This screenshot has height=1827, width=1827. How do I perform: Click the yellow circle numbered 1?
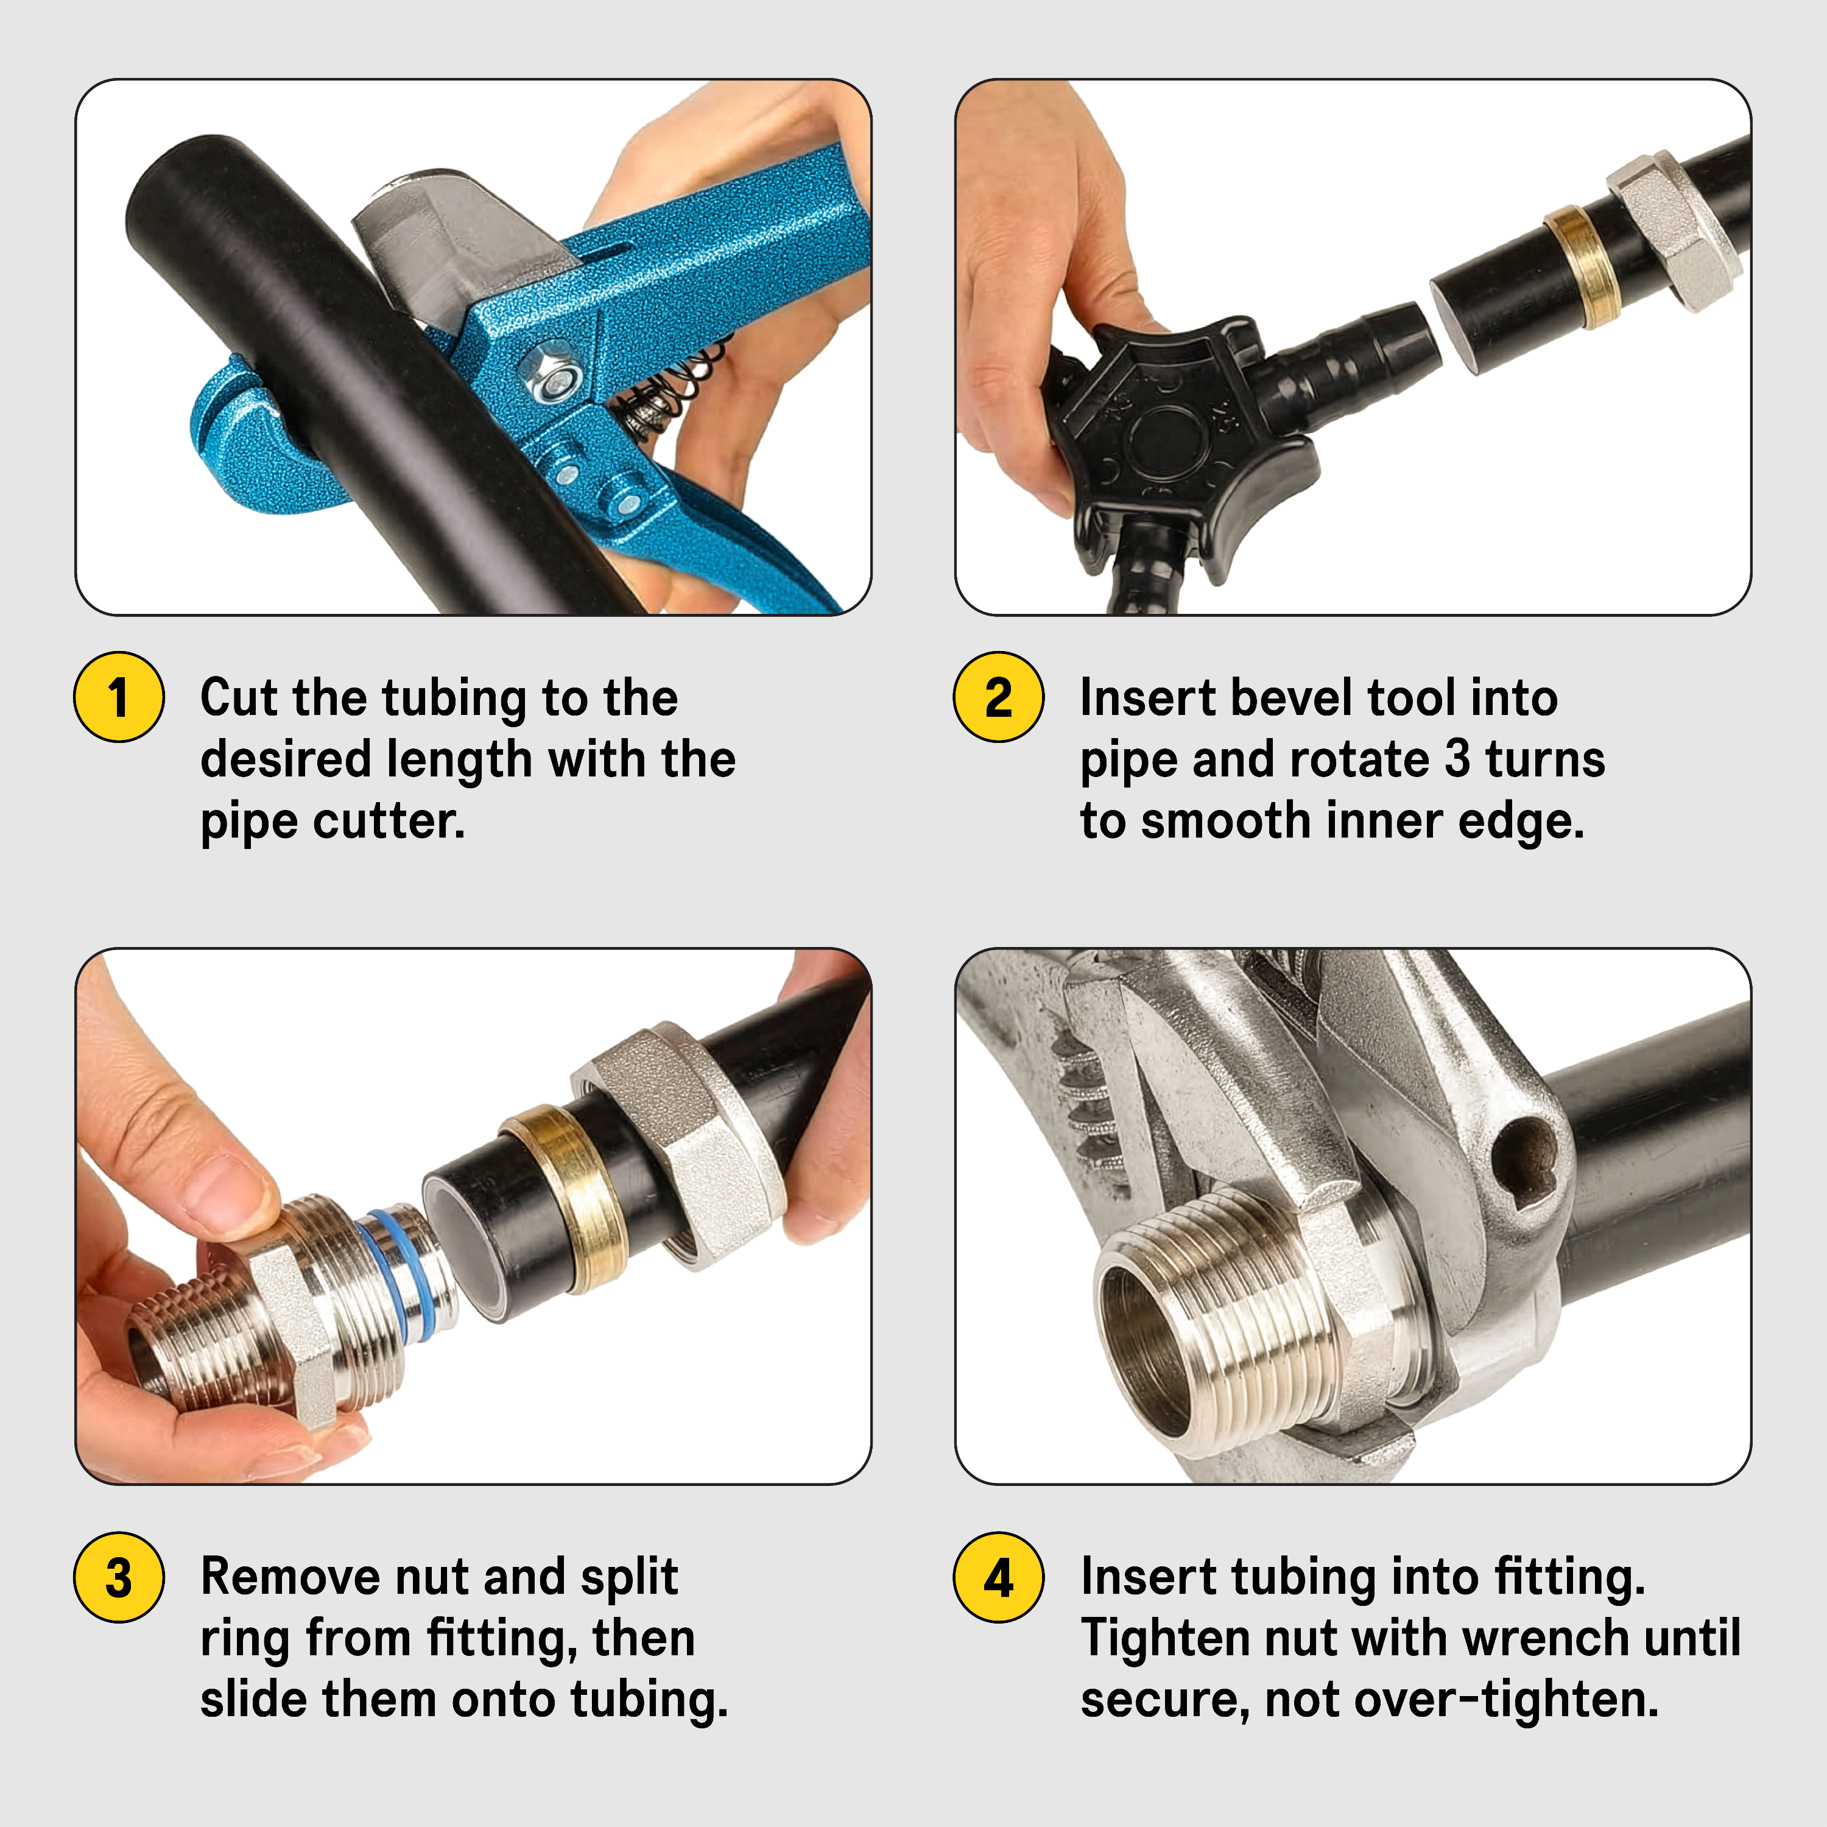click(119, 697)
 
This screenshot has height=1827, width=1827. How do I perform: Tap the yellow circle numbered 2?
click(999, 697)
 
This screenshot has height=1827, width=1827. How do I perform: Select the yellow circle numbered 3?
click(119, 1577)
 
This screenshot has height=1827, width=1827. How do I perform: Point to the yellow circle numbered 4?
click(999, 1577)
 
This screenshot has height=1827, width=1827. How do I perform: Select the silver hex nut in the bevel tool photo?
click(1671, 231)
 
